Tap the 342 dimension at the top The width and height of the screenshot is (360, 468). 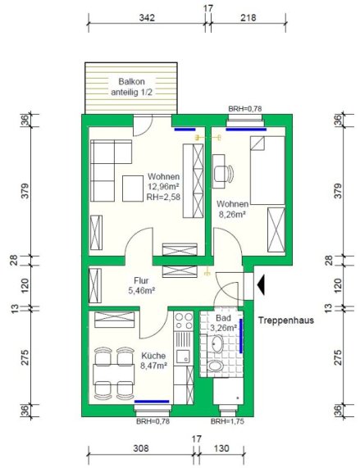coord(147,18)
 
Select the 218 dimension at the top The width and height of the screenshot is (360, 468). coord(248,18)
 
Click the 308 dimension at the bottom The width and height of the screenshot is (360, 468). coord(140,448)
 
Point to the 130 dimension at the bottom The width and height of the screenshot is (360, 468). coord(221,448)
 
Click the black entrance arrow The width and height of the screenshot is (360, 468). coord(261,284)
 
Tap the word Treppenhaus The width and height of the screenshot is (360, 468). coord(286,320)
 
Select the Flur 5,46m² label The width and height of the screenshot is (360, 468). coord(141,285)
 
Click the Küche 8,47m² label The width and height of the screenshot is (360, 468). coord(153,361)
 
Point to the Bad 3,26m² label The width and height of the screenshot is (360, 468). coord(223,323)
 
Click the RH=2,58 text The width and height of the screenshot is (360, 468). coord(163,197)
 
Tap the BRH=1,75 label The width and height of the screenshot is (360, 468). coord(227,421)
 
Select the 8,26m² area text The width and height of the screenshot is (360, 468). coord(233,214)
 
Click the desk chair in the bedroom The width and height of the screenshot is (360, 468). coord(224,173)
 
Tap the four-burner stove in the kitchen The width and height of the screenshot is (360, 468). coord(184,320)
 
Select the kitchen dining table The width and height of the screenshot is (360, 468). coord(114,375)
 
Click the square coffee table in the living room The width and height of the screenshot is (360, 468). coord(133,189)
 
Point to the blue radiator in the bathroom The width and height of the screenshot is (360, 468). coord(241,336)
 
